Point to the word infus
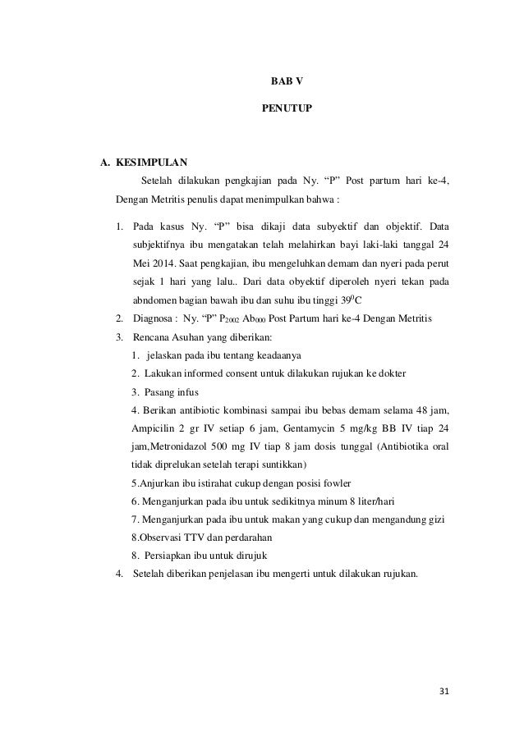(186, 391)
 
